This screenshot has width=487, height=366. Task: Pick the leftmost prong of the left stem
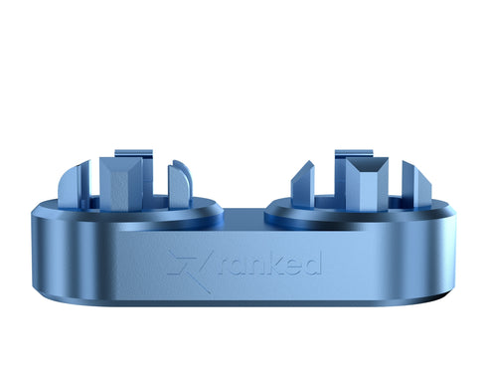[x=68, y=186]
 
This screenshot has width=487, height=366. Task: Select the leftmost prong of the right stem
[x=303, y=184]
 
